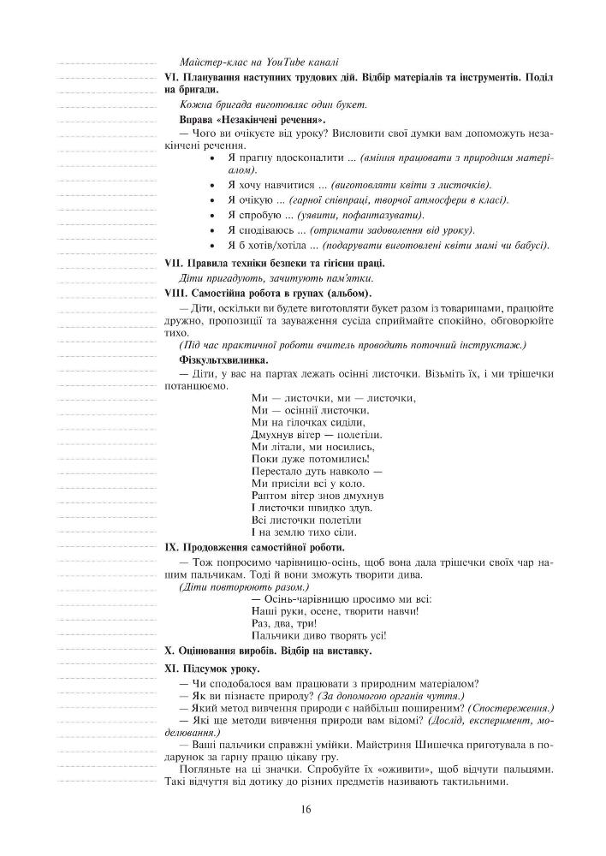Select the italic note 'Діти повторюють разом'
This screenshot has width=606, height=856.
pos(244,587)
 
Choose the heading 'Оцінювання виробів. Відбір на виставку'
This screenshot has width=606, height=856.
pos(273,651)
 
